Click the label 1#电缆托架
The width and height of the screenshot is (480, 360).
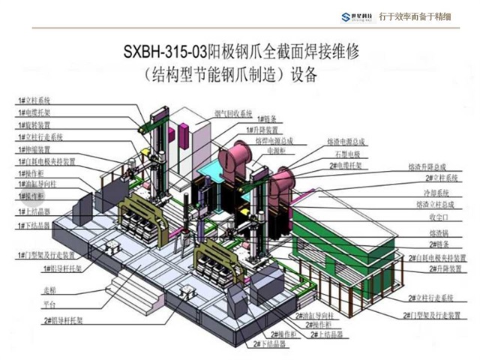pyautogui.click(x=34, y=112)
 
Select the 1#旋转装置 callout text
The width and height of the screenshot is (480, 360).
pyautogui.click(x=34, y=125)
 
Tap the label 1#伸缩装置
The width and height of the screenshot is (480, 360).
pyautogui.click(x=34, y=149)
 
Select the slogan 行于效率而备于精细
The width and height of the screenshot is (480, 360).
pyautogui.click(x=425, y=15)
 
